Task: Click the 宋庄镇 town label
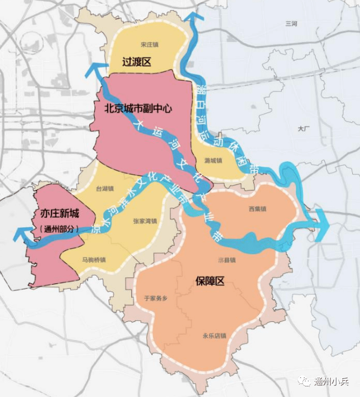pyautogui.click(x=150, y=44)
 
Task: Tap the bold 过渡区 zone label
pyautogui.click(x=137, y=62)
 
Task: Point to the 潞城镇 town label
pyautogui.click(x=213, y=160)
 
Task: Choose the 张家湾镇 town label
pyautogui.click(x=145, y=221)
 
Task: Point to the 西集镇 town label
pyautogui.click(x=258, y=209)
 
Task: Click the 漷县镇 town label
pyautogui.click(x=226, y=260)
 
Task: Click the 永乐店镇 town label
pyautogui.click(x=214, y=336)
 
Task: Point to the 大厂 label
pyautogui.click(x=304, y=129)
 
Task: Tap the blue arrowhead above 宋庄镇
pyautogui.click(x=194, y=18)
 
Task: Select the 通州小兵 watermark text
pyautogui.click(x=331, y=382)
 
